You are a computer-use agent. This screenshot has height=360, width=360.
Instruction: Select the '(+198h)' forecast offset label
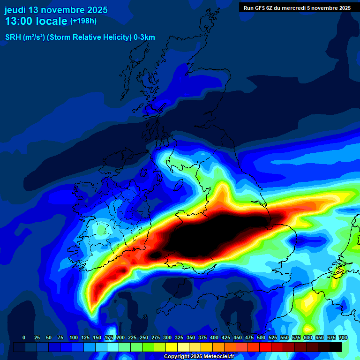[x=83, y=21]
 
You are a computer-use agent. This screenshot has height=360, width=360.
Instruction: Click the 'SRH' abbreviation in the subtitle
[x=13, y=37]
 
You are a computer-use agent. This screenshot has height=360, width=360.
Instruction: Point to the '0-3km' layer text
[x=144, y=37]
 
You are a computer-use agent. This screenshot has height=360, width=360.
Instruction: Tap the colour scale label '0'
[x=24, y=337]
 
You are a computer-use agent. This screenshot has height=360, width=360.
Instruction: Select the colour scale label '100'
[x=74, y=337]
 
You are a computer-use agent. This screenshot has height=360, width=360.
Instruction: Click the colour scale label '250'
[x=144, y=337]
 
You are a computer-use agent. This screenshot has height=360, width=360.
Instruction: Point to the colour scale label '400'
[x=214, y=337]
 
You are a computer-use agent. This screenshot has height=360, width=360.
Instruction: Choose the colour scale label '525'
[x=273, y=337]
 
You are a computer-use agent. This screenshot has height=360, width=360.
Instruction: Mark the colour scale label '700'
[x=343, y=337]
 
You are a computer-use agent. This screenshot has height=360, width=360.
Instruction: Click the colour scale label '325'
[x=179, y=337]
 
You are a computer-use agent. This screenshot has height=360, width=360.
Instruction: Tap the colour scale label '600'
[x=308, y=337]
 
